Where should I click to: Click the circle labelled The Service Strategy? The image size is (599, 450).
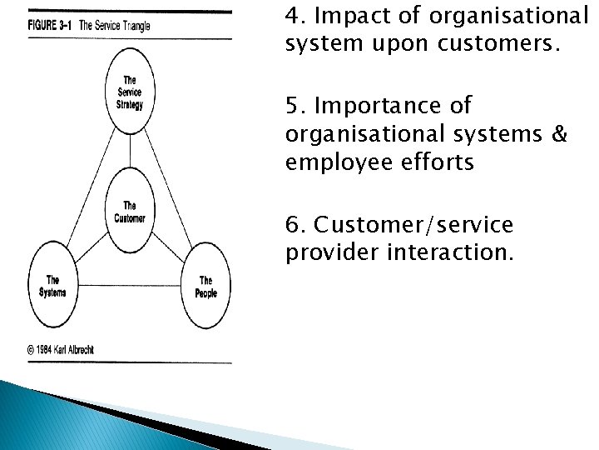coord(129,96)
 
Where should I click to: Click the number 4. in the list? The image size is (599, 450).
coord(294,15)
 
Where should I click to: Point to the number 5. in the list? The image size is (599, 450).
coord(294,106)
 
